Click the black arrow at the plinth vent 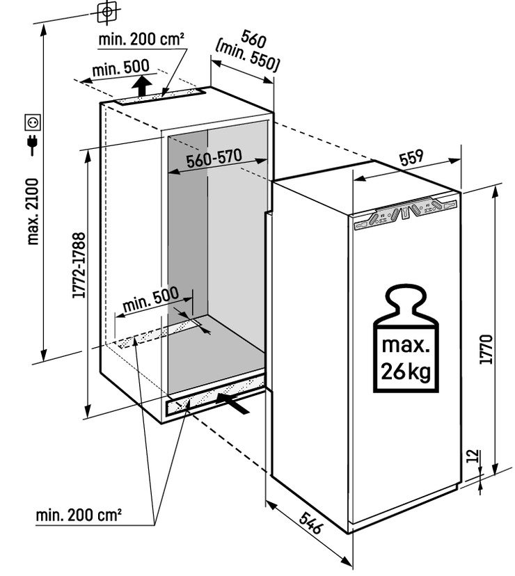[x=233, y=401]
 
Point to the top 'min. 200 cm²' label [x=141, y=40]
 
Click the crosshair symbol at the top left [x=106, y=12]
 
